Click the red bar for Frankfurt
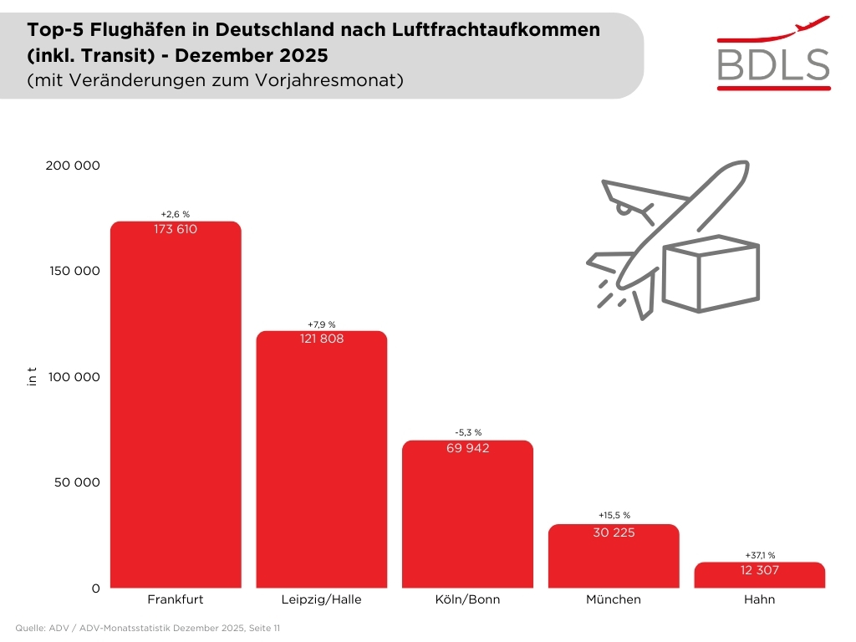176,410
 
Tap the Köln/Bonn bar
467,518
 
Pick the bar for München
614,560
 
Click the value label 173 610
176,229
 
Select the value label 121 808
321,339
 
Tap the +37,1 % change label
759,555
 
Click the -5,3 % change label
467,432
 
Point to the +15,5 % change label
614,516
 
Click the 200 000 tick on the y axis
72,166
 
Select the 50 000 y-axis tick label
76,482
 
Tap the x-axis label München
614,599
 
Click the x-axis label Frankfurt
176,599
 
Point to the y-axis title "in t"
33,376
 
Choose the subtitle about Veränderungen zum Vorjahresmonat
216,80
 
